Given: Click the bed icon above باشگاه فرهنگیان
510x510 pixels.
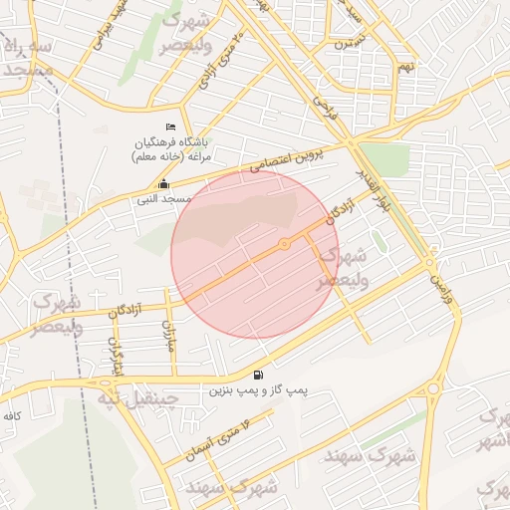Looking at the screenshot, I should pyautogui.click(x=170, y=127).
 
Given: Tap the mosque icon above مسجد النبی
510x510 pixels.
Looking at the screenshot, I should pyautogui.click(x=163, y=184).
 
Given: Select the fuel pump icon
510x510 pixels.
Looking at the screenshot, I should pyautogui.click(x=259, y=375).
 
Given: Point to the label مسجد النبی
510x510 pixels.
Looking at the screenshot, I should pyautogui.click(x=163, y=198).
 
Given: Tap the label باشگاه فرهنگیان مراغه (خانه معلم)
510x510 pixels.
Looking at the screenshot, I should pyautogui.click(x=178, y=149).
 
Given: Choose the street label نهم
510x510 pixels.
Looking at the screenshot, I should pyautogui.click(x=405, y=68).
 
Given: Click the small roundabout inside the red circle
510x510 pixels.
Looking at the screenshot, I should pyautogui.click(x=284, y=244).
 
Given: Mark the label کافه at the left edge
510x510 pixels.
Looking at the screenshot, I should pyautogui.click(x=12, y=414).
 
